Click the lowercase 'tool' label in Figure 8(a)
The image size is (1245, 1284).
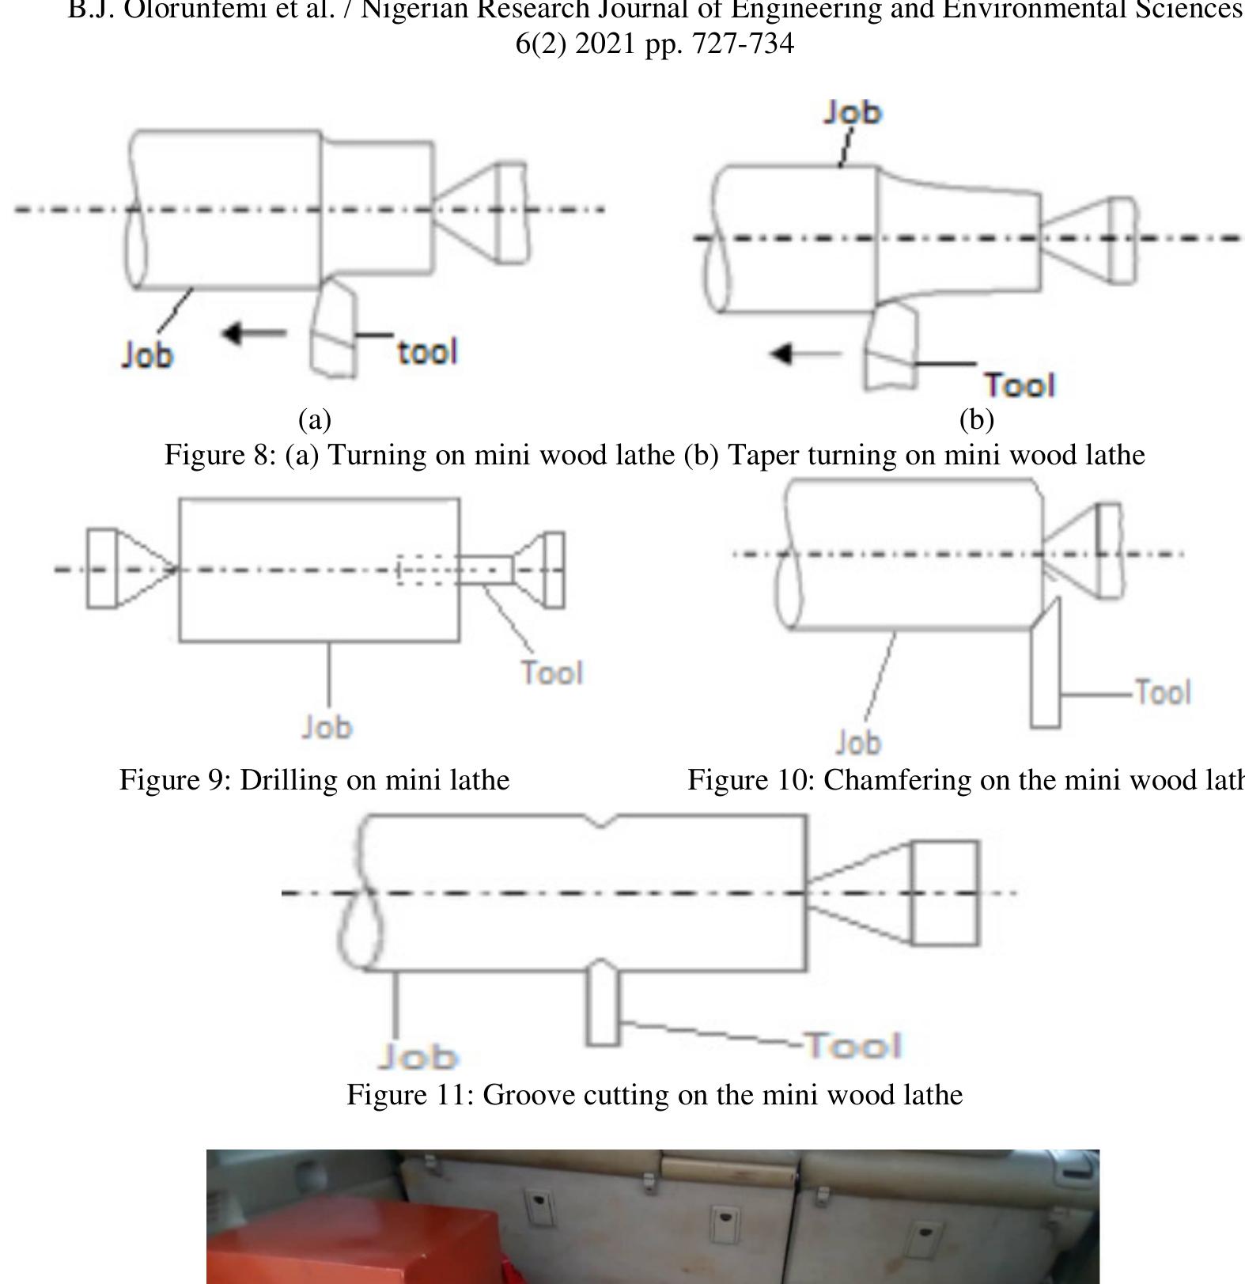(427, 352)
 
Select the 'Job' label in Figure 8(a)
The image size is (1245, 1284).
(147, 354)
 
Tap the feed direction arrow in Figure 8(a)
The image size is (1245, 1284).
(253, 333)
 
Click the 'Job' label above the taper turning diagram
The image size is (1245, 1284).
(852, 112)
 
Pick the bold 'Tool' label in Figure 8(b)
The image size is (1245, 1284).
(1020, 385)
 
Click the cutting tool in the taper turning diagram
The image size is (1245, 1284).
(891, 348)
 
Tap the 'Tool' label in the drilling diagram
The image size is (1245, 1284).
(552, 673)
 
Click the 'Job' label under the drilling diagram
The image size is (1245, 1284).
(327, 727)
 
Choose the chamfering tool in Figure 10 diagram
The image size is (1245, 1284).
(1046, 672)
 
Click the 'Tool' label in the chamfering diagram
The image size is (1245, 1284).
(1162, 692)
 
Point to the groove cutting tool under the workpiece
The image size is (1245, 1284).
(603, 1005)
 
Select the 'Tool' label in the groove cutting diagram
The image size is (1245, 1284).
(853, 1046)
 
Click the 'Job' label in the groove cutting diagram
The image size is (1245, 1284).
(418, 1057)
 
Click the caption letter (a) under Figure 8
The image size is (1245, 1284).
(315, 419)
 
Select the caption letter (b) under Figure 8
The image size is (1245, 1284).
(976, 419)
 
